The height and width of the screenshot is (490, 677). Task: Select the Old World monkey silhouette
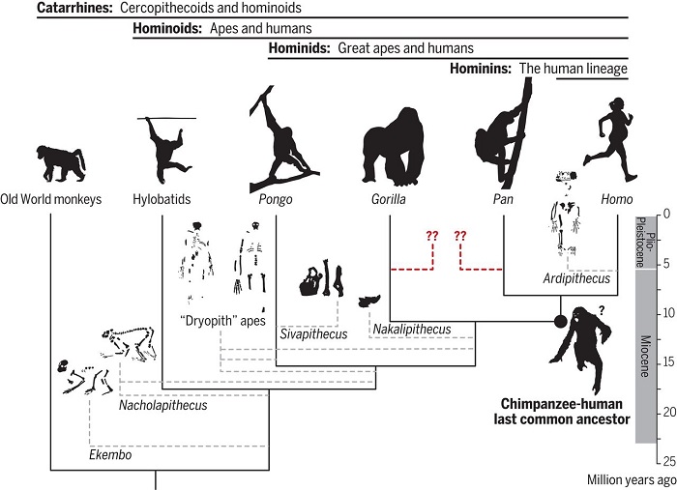coord(59,163)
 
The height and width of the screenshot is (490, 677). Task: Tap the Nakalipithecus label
coord(410,330)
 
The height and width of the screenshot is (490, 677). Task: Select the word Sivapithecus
coord(315,334)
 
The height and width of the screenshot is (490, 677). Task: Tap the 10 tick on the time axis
coord(662,313)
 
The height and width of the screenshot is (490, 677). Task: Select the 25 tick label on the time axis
coord(662,461)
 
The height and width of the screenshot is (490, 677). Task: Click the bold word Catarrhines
coord(73,8)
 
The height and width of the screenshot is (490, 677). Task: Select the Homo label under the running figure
coord(615,199)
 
